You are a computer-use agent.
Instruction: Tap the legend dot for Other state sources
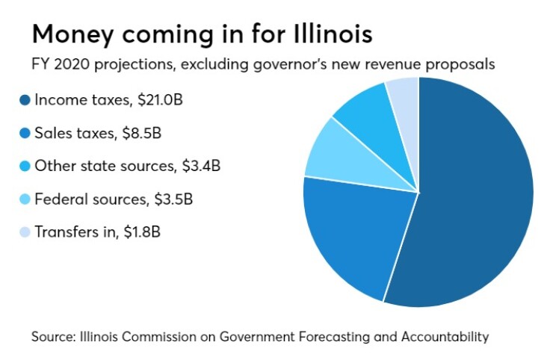[x=24, y=166]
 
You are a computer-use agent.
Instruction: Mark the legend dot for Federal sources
[x=24, y=199]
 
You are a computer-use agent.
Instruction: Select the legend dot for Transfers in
[x=24, y=232]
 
